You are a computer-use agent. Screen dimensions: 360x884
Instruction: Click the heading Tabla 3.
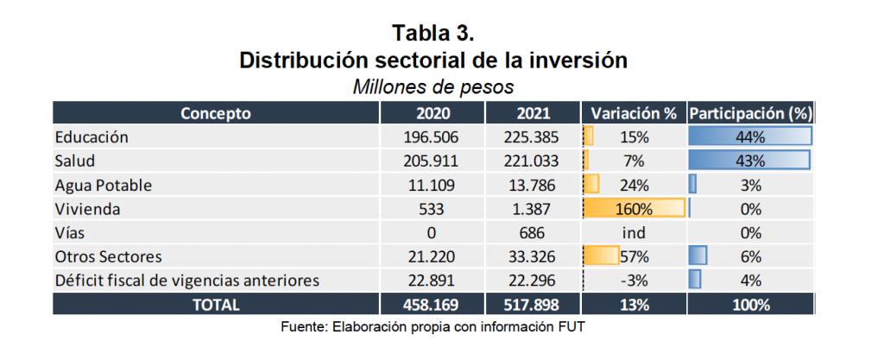click(x=433, y=34)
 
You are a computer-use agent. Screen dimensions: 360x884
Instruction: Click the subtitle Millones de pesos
click(x=433, y=87)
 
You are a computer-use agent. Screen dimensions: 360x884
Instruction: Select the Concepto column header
click(x=216, y=113)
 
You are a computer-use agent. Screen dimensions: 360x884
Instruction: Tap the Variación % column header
click(x=633, y=113)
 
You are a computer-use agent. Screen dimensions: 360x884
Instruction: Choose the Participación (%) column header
click(x=749, y=113)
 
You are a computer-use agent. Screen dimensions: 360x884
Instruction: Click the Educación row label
click(x=92, y=137)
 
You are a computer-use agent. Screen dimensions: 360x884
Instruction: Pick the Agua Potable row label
click(x=104, y=185)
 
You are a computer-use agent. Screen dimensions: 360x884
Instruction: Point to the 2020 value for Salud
click(x=431, y=161)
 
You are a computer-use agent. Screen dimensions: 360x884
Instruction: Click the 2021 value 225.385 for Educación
click(x=533, y=137)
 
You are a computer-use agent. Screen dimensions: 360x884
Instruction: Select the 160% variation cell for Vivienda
click(x=634, y=209)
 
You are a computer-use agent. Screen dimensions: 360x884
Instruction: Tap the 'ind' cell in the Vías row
click(x=634, y=232)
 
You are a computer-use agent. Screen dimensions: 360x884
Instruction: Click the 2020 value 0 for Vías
click(x=431, y=232)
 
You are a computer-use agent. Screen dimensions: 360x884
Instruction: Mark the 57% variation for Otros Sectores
click(x=634, y=256)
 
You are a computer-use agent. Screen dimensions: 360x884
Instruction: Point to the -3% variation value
click(x=634, y=280)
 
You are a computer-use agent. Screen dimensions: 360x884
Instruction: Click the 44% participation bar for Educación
click(x=749, y=137)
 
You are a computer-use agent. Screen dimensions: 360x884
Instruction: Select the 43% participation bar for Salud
click(x=749, y=161)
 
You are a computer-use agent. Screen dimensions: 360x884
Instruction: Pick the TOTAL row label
click(x=216, y=304)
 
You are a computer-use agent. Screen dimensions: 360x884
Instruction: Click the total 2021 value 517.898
click(x=533, y=304)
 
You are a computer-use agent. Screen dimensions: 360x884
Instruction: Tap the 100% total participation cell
click(x=749, y=304)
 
